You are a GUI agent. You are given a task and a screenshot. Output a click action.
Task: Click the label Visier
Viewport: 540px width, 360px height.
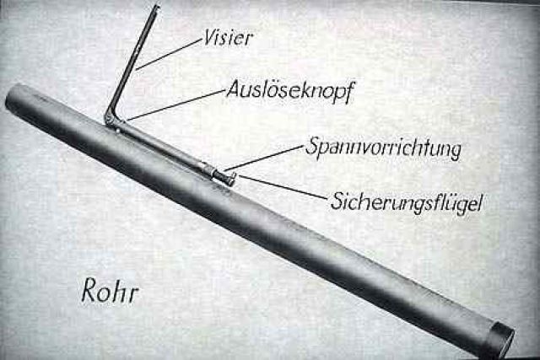tap(229, 37)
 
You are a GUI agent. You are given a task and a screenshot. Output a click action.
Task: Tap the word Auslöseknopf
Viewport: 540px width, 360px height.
tap(290, 91)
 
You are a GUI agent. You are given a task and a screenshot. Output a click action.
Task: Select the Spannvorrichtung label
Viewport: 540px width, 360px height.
tap(383, 148)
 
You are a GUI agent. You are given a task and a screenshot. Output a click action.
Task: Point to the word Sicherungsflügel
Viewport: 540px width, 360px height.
tap(407, 202)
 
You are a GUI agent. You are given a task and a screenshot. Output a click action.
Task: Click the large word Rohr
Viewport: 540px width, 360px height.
tap(111, 293)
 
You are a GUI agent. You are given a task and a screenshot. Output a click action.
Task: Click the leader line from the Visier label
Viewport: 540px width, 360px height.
tap(169, 54)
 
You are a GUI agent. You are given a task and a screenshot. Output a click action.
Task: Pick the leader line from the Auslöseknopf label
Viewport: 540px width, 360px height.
tap(176, 105)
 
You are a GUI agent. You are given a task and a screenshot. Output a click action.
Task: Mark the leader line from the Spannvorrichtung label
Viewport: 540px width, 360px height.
tap(263, 158)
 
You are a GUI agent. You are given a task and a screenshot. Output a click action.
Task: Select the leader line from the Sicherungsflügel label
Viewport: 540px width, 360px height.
tap(283, 187)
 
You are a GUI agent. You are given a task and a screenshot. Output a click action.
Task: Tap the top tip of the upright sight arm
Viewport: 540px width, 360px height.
tap(157, 6)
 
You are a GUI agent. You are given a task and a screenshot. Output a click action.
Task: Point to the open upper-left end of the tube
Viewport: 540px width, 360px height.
tap(13, 95)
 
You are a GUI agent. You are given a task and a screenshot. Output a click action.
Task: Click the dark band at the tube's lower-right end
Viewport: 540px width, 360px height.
tap(503, 338)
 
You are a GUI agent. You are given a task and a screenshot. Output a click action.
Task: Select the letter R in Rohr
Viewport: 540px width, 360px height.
tap(89, 290)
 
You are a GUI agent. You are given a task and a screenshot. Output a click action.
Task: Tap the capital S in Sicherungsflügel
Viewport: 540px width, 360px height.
tap(337, 201)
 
